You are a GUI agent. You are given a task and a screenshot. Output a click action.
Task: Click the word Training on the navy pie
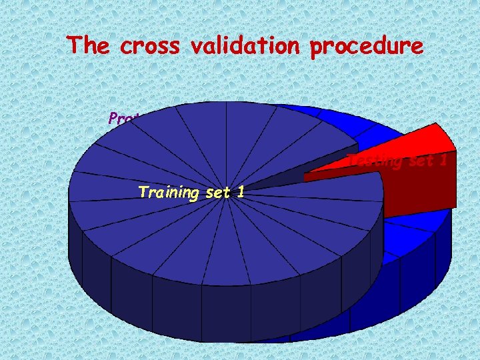168,193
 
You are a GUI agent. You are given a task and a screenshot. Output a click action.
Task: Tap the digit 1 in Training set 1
240,193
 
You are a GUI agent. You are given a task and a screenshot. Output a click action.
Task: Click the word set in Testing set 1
419,161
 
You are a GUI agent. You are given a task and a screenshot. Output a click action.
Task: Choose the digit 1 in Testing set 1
443,161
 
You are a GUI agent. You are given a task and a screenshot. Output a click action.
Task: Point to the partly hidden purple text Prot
123,119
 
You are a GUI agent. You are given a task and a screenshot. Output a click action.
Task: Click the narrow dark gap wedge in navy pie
293,177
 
